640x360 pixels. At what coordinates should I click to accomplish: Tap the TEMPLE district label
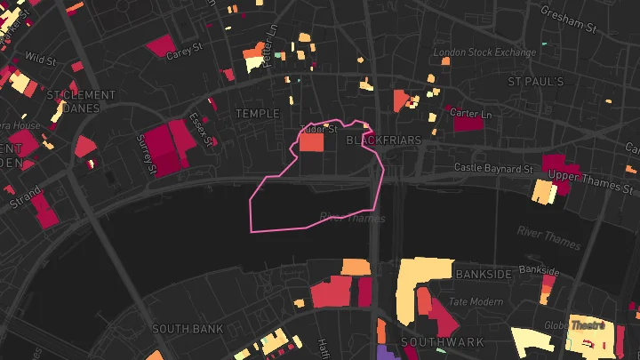point(257,114)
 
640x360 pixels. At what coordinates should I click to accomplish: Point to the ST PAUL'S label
point(536,82)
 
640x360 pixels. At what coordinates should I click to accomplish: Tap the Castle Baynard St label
point(492,167)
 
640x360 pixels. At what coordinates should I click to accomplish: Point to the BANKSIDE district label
point(484,275)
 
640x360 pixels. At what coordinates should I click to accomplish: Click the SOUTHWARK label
point(442,342)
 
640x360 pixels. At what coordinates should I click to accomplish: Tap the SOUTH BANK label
point(187,329)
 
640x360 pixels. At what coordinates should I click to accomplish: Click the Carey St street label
point(186,52)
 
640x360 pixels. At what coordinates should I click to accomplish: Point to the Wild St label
point(40,60)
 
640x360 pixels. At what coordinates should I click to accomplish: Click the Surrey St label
point(146,155)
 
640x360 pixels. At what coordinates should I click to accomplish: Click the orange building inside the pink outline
point(311,141)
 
